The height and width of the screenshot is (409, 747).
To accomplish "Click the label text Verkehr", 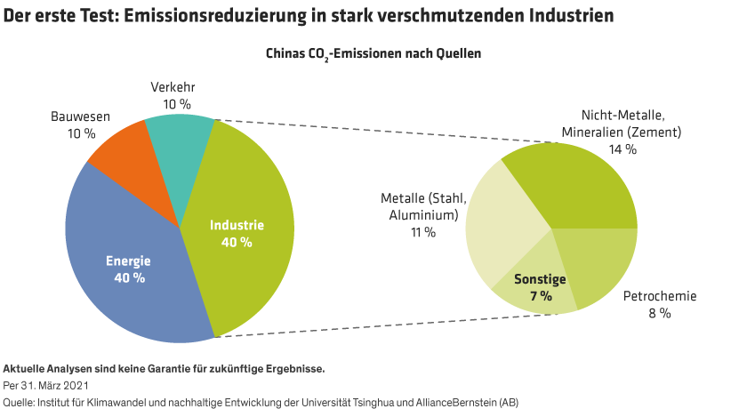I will pos(172,87).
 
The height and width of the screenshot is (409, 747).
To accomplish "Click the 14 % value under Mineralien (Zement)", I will pos(622,149).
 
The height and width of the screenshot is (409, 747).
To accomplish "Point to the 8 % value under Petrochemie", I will pos(658,313).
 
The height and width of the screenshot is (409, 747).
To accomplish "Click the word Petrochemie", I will pos(659,297).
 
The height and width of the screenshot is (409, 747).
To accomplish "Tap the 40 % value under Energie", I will pos(128,278).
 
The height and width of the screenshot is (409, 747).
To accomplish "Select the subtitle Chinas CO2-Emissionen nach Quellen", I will pos(373,53).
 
